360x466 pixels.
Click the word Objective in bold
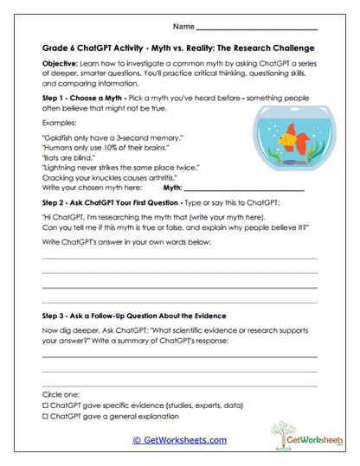pos(61,64)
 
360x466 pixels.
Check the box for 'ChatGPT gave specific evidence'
pos(45,405)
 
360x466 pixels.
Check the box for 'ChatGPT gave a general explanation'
pos(45,416)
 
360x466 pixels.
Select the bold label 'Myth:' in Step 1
pos(173,188)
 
